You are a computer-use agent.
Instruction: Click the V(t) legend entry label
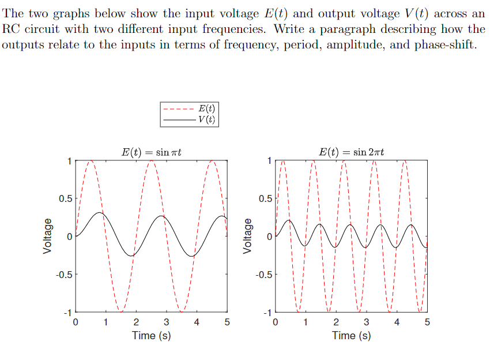tap(206, 119)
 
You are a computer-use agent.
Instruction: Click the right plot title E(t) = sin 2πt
tap(351, 152)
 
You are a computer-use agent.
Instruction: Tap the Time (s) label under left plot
tap(152, 335)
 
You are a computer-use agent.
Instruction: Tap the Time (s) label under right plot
tap(351, 335)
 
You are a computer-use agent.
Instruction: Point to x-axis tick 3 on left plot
tap(167, 322)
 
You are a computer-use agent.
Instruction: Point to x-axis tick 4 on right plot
tap(397, 322)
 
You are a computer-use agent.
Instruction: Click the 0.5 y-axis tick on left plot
tap(65, 198)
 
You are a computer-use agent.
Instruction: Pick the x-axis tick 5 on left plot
tap(227, 322)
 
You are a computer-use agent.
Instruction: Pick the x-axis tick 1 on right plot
tap(306, 322)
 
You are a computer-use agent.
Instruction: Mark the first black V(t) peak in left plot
tap(100, 213)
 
